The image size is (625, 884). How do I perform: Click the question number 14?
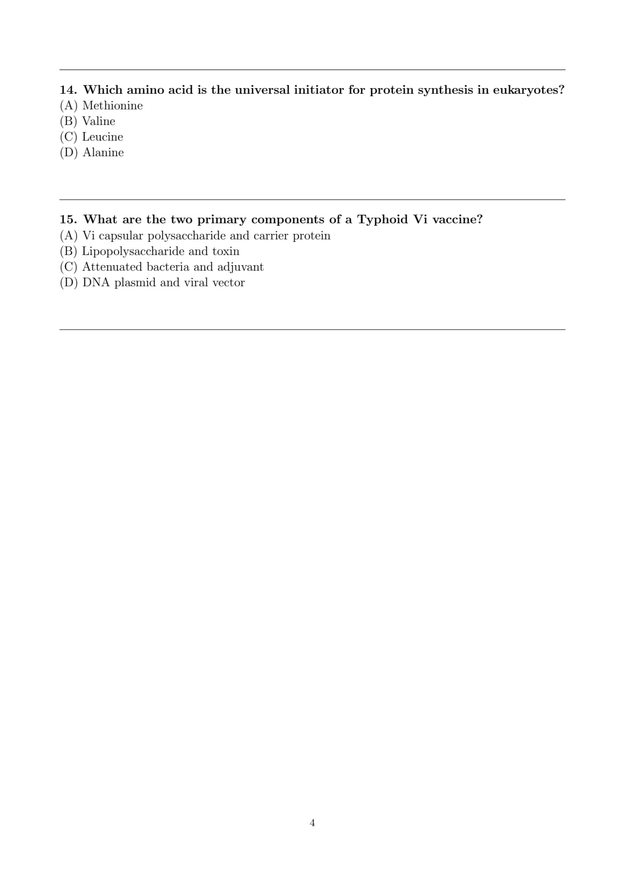(68, 90)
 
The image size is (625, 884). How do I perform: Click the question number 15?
(68, 220)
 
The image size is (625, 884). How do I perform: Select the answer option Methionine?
(112, 106)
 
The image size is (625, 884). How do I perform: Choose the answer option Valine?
(99, 121)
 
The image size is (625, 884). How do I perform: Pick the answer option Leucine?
(102, 137)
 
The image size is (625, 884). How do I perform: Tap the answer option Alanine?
(103, 153)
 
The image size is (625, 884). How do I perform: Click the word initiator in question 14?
(319, 90)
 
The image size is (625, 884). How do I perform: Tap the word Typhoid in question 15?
(382, 220)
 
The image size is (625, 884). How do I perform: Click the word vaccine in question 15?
(457, 220)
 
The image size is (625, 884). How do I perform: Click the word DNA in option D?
(96, 283)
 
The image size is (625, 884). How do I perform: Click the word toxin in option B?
(226, 251)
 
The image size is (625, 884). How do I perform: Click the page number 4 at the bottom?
(312, 823)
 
